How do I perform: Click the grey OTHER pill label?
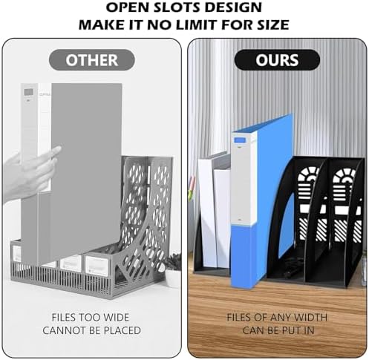click(x=92, y=60)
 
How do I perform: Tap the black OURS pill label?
click(x=277, y=60)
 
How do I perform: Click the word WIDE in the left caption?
click(x=116, y=317)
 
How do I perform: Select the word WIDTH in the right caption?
click(x=310, y=317)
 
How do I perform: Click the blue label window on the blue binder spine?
click(x=240, y=140)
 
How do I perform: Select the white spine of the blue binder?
click(x=243, y=179)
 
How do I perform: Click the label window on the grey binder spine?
click(x=29, y=93)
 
